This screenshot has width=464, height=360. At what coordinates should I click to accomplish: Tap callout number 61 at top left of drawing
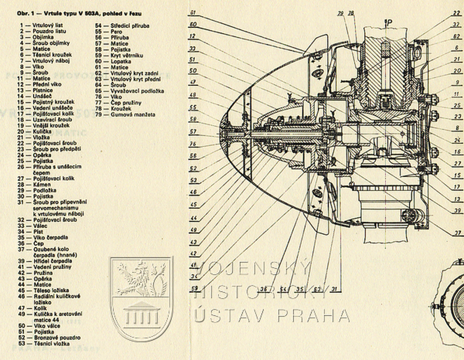tap(193, 12)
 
